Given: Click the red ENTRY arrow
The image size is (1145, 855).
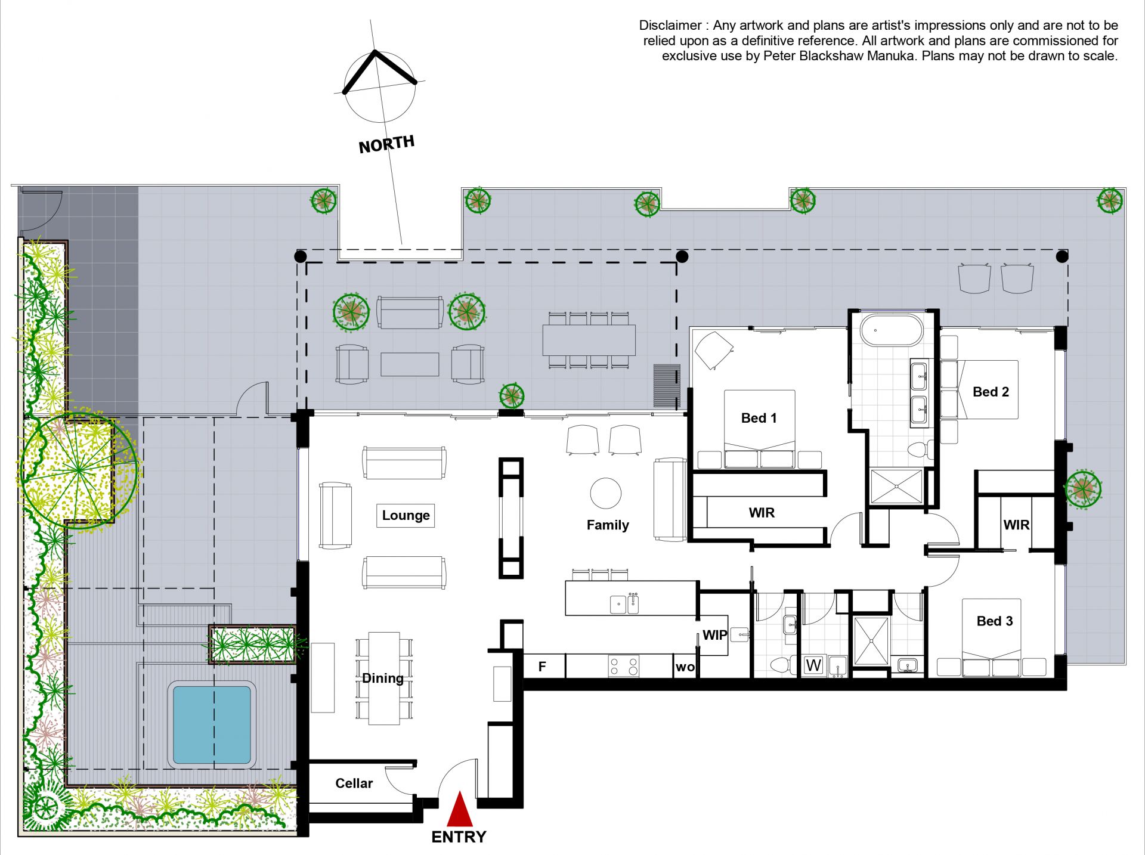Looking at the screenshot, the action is [x=459, y=808].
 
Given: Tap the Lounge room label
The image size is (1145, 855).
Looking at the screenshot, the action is [x=406, y=515].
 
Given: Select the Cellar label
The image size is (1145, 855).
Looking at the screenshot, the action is [x=354, y=783].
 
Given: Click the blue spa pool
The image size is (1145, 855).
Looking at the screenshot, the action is [x=212, y=725].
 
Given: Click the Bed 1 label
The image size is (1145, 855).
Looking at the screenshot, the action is [x=759, y=418].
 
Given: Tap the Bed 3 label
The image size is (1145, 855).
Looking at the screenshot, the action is [x=995, y=621].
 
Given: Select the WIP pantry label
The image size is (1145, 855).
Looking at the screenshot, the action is [x=714, y=635].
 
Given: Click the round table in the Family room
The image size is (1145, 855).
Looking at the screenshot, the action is [x=605, y=493].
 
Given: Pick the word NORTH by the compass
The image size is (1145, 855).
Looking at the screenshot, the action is [x=386, y=144].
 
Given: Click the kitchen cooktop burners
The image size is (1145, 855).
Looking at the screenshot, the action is [x=624, y=666].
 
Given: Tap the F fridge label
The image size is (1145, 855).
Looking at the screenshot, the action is [x=542, y=666].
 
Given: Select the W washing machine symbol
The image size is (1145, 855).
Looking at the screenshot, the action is [x=813, y=665].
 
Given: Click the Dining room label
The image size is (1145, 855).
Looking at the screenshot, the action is [x=383, y=678].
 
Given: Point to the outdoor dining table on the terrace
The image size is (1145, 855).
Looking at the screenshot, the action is [x=589, y=340].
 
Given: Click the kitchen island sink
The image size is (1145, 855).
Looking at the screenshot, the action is [x=624, y=604].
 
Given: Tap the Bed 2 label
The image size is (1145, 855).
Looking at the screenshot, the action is [x=991, y=392].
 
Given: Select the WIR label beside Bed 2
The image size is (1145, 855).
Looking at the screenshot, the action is [x=1016, y=525].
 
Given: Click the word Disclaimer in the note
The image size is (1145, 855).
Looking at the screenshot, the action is [x=670, y=26].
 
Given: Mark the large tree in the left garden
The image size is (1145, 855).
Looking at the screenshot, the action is [x=79, y=470].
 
